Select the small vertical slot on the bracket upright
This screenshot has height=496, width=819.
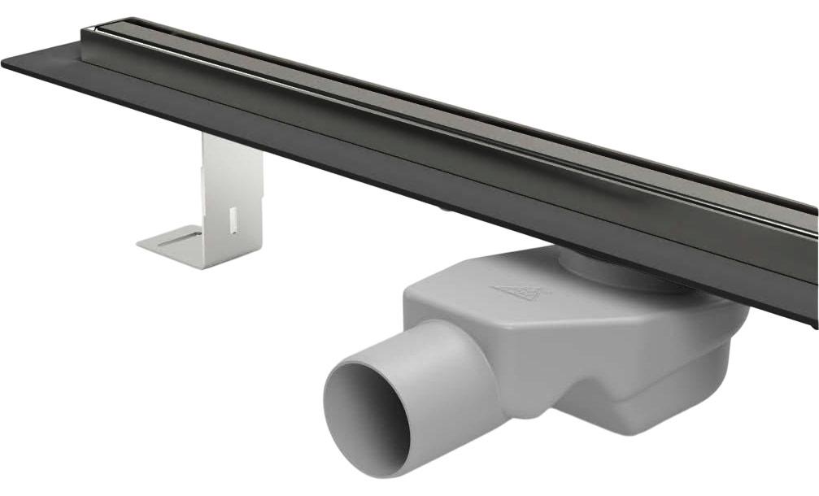coord(233,218)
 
